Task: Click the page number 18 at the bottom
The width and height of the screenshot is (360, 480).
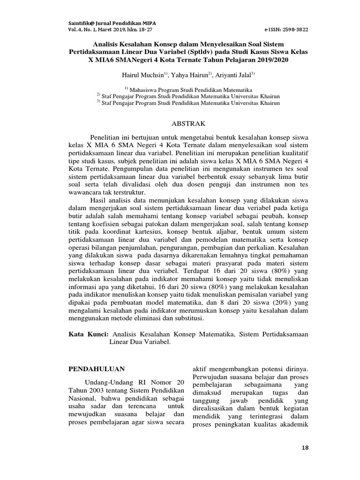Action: coord(306,448)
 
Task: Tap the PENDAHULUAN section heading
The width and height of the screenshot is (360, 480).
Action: coord(92,369)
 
